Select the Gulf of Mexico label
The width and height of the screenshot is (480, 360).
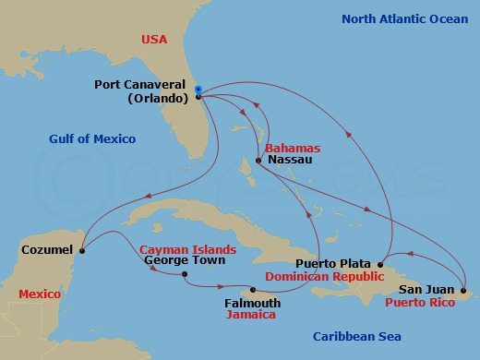(92, 139)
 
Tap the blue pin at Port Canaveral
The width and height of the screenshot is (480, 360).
(198, 90)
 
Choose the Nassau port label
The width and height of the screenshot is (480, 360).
(282, 161)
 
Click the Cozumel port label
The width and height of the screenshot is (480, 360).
(45, 249)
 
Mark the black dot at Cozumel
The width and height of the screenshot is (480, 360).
(82, 249)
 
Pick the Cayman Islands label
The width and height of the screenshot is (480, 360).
(187, 249)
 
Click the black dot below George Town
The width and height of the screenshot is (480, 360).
(185, 274)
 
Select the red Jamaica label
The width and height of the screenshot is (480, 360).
(251, 315)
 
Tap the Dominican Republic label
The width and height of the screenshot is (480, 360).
(323, 276)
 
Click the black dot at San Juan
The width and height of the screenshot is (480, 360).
(462, 289)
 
